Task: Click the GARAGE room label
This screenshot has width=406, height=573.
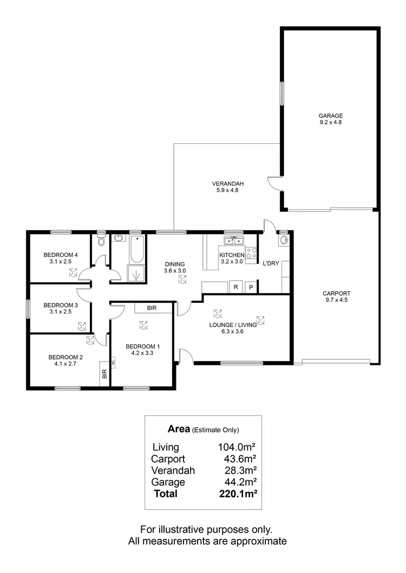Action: point(330,115)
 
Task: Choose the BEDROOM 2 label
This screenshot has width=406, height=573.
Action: point(66,357)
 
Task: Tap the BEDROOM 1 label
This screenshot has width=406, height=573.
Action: point(143,347)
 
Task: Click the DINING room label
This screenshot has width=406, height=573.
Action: point(175,264)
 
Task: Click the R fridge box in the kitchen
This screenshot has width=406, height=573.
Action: point(236,287)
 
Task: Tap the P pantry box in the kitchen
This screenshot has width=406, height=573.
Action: point(251,287)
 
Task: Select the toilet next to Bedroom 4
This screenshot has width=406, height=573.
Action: point(101,241)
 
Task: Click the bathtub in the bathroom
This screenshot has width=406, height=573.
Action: point(136,248)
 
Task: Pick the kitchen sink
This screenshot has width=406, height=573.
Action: point(235,241)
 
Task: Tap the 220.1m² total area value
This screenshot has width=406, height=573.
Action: point(236,494)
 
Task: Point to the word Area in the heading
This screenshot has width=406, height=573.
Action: point(178,429)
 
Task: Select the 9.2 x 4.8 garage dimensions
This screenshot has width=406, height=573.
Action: point(330,122)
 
